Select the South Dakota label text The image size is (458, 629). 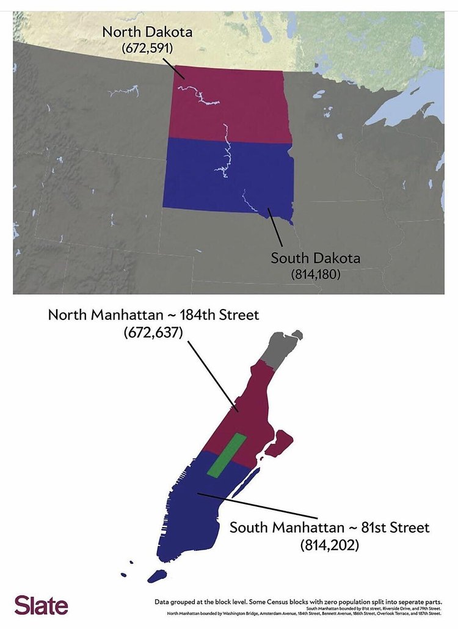(x=315, y=258)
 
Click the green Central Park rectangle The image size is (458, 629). (x=226, y=455)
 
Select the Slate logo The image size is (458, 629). (x=42, y=605)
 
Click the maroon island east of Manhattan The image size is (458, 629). (x=278, y=442)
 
